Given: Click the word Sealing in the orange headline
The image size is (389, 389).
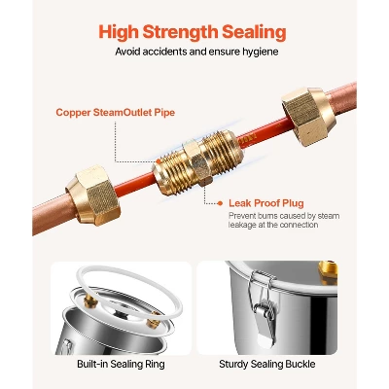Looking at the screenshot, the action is tap(254, 33).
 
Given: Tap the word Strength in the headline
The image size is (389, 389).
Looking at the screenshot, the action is tap(181, 33).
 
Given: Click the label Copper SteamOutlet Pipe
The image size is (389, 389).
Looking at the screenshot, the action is tap(116, 113).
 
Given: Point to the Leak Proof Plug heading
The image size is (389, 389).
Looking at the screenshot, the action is tap(266, 203).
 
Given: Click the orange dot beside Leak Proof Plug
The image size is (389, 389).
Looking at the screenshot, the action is tap(220, 203).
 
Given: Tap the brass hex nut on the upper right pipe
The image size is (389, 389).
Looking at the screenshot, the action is tap(305, 116).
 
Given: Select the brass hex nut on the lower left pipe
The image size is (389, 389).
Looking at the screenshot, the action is tap(93, 195).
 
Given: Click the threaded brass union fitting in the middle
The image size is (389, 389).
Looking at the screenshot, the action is tap(197, 163).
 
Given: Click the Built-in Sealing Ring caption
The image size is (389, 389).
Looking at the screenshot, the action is tap(121, 364).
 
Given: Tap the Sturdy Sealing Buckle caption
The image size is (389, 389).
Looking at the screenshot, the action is tap(267, 364).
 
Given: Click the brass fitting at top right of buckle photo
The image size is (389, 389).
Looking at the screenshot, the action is tap(328, 271).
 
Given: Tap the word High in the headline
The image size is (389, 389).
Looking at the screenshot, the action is tap(119, 32).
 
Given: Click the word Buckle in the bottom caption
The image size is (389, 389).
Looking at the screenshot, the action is tap(301, 364).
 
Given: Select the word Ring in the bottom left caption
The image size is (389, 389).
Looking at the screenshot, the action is tap(156, 365).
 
